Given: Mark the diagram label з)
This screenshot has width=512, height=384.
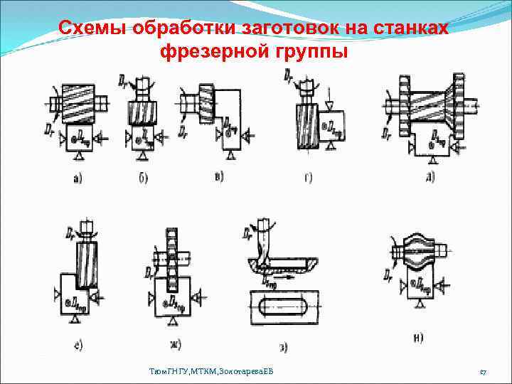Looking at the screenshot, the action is (x=283, y=348).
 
